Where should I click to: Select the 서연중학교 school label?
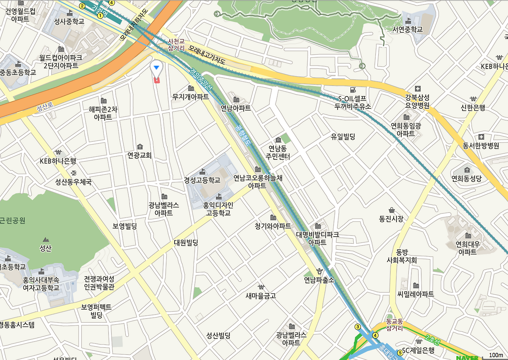pyautogui.click(x=408, y=29)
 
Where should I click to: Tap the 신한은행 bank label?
pyautogui.click(x=473, y=107)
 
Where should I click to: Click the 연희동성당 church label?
pyautogui.click(x=466, y=178)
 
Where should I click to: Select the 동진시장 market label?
pyautogui.click(x=391, y=218)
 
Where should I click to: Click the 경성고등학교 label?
pyautogui.click(x=202, y=180)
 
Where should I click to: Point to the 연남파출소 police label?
pyautogui.click(x=319, y=280)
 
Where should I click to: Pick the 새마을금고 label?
pyautogui.click(x=261, y=295)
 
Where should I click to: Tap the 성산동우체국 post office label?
pyautogui.click(x=73, y=182)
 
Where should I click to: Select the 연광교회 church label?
pyautogui.click(x=139, y=155)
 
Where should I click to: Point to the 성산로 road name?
pyautogui.click(x=44, y=107)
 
